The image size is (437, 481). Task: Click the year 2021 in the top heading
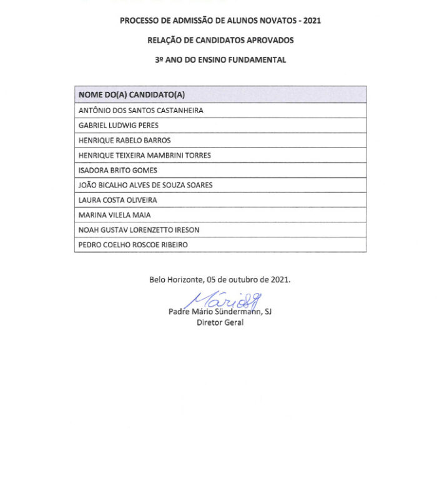click(x=311, y=21)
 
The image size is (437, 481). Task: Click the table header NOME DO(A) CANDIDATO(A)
click(x=132, y=95)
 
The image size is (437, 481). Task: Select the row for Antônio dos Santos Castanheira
click(x=140, y=111)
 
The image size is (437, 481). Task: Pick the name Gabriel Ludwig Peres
click(x=118, y=126)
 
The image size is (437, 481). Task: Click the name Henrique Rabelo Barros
click(x=124, y=141)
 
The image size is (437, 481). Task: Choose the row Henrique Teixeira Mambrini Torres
click(x=144, y=156)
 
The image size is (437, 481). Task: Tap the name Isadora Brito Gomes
click(x=117, y=171)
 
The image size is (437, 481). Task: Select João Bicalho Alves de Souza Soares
click(x=145, y=186)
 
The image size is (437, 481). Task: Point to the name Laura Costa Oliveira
click(x=117, y=201)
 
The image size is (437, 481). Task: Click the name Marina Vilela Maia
click(x=114, y=216)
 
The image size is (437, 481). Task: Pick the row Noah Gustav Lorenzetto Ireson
click(x=139, y=231)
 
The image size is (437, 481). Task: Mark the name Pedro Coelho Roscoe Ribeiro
click(x=132, y=245)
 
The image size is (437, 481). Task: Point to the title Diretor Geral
click(x=220, y=323)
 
